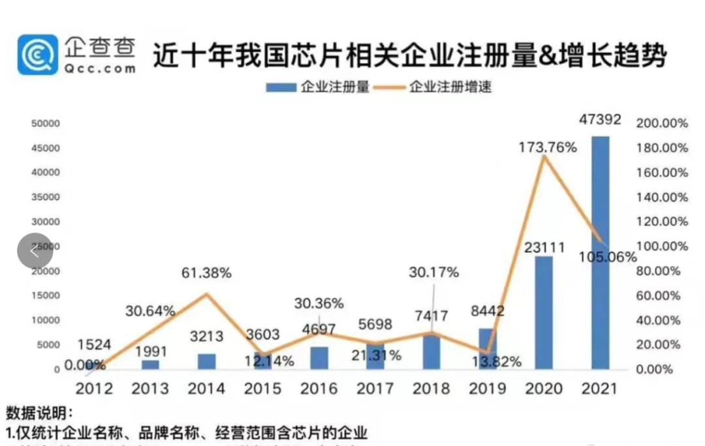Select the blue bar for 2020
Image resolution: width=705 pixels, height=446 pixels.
tap(543, 312)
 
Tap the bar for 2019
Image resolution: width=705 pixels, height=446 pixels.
tap(487, 349)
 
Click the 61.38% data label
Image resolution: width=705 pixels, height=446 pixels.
tap(206, 273)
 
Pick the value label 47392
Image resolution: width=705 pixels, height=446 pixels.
tap(600, 120)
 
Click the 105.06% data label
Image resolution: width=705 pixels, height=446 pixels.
tap(607, 257)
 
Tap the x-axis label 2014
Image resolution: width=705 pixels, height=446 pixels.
tap(206, 389)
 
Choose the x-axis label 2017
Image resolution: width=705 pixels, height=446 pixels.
tap(375, 389)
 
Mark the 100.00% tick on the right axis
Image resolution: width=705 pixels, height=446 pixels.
tap(663, 246)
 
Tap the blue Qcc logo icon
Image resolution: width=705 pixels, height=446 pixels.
tap(37, 55)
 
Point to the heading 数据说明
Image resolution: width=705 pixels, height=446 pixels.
tap(39, 413)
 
